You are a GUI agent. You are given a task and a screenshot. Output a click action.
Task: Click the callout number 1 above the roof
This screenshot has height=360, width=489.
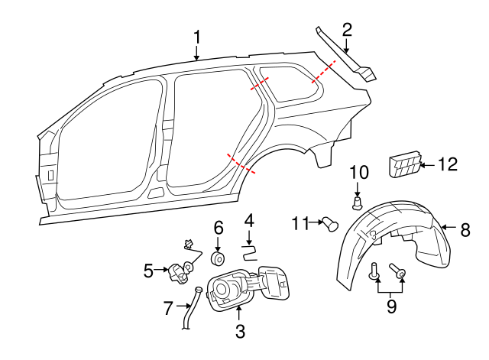pyautogui.click(x=196, y=37)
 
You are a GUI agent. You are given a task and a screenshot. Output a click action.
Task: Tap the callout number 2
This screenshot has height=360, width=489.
pyautogui.click(x=347, y=30)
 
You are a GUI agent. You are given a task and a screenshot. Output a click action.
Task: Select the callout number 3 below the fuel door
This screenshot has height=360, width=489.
pyautogui.click(x=239, y=332)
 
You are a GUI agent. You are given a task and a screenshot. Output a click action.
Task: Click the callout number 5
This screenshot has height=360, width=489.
pyautogui.click(x=149, y=269)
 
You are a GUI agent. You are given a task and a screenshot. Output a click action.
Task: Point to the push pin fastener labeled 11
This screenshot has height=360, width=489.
pyautogui.click(x=331, y=223)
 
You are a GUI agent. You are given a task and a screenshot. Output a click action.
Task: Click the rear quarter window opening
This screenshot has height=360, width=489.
pyautogui.click(x=293, y=84)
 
